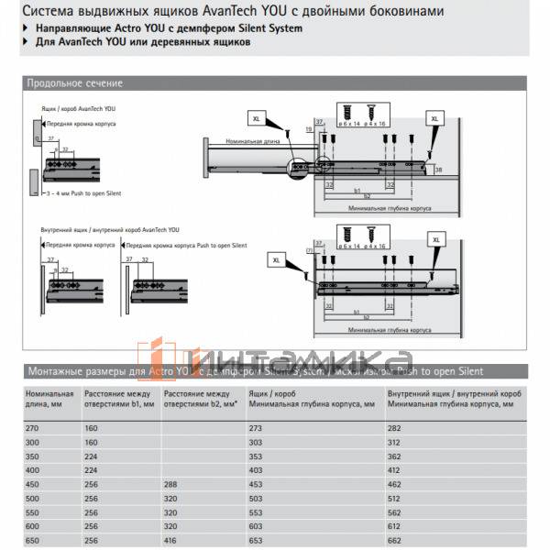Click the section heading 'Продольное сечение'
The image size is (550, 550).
pyautogui.click(x=74, y=83)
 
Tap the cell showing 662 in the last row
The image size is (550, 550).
pyautogui.click(x=396, y=541)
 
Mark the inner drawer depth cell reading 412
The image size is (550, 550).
pyautogui.click(x=396, y=469)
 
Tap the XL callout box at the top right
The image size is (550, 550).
pyautogui.click(x=434, y=119)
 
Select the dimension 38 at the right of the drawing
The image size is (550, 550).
pyautogui.click(x=439, y=170)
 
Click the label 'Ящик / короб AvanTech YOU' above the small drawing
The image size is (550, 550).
pyautogui.click(x=78, y=108)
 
